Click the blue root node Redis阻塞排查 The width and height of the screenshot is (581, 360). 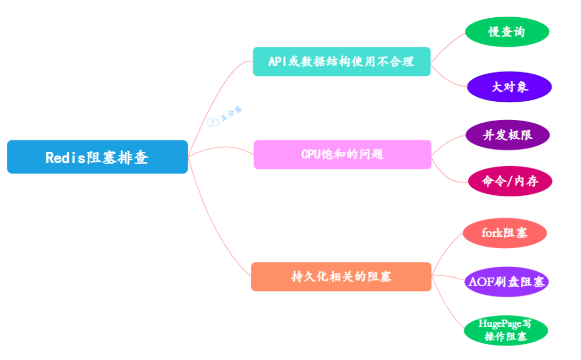pos(97,157)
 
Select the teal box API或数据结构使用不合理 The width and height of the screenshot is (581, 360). pos(342,61)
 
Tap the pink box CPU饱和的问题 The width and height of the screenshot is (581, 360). pos(342,154)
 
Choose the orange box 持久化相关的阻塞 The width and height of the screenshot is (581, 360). pos(341,277)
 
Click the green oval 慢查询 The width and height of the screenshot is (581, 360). pos(506,32)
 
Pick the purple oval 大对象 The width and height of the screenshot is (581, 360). pos(509,87)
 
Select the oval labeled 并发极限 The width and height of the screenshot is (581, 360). pos(507,135)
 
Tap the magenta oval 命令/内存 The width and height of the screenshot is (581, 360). pos(509,181)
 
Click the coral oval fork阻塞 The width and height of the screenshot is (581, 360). pos(505,232)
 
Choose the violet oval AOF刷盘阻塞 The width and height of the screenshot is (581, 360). pos(506,281)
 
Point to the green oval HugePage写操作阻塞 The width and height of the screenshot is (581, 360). pos(506,330)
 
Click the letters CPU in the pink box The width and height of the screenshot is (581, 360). pos(310,154)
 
